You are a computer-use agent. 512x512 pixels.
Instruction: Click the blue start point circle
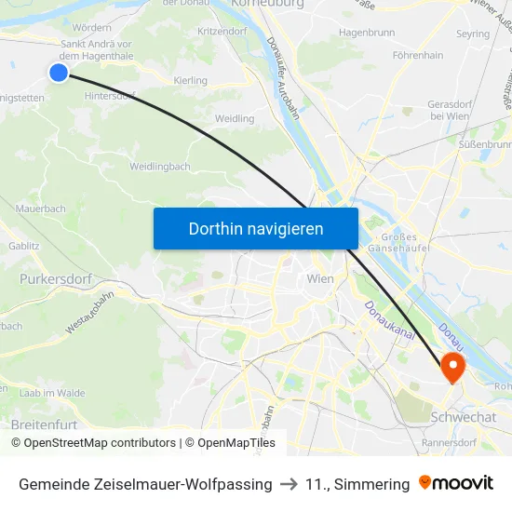coord(59,72)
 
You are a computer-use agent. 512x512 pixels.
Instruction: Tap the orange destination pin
coord(453,366)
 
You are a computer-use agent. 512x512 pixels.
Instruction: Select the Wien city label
coord(320,277)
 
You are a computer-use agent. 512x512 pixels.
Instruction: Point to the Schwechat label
coord(463,417)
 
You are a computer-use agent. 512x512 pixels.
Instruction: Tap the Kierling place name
coord(191,81)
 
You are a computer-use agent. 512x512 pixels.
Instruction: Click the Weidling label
coord(234,118)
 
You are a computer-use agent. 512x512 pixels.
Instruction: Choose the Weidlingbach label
coord(160,167)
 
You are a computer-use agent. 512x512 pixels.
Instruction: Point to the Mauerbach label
coord(41,209)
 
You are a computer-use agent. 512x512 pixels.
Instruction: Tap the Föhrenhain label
coord(417,56)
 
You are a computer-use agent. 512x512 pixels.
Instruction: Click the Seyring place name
coord(473,34)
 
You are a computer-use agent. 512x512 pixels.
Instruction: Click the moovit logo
coord(456,483)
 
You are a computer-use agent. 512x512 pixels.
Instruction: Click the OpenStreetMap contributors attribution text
coord(100,443)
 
